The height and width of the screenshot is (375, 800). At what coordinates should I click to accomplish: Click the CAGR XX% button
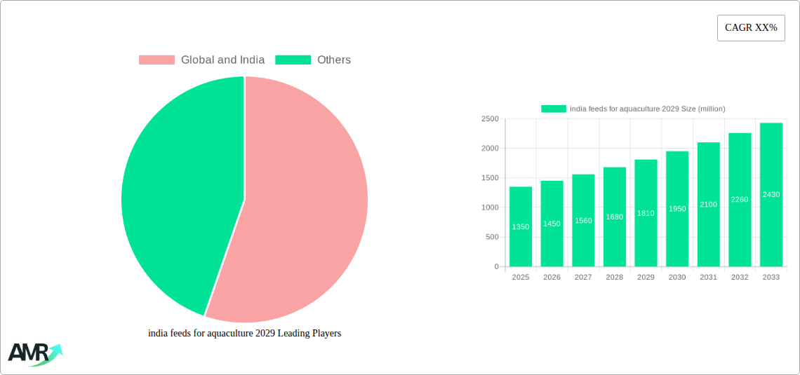751,28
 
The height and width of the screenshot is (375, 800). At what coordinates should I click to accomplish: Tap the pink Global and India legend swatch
156,60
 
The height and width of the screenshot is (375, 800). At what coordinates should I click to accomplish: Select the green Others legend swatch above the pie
293,60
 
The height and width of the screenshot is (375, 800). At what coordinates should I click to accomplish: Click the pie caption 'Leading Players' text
244,334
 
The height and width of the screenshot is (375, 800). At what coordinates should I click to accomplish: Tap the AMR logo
34,353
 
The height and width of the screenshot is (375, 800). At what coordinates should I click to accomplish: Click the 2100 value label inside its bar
708,204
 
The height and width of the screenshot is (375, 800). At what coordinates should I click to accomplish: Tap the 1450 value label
552,224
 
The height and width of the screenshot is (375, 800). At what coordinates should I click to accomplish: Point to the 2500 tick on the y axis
489,119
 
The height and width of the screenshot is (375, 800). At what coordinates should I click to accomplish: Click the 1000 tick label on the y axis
489,207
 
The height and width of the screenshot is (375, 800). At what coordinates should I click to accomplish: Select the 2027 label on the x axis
583,278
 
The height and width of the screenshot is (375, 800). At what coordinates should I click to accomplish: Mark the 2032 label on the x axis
740,278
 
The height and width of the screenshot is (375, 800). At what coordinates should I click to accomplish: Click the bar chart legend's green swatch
553,109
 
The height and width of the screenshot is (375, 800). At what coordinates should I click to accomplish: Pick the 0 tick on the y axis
496,267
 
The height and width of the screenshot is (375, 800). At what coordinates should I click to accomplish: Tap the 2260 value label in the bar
740,200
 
